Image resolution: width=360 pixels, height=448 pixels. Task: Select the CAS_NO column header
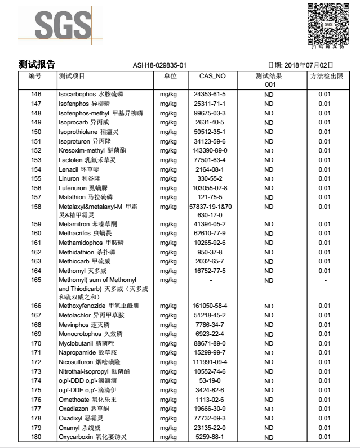tap(212, 75)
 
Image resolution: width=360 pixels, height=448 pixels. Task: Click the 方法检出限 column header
tap(323, 75)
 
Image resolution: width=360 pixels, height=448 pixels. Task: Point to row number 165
tap(36, 279)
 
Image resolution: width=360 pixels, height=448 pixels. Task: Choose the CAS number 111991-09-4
tap(210, 361)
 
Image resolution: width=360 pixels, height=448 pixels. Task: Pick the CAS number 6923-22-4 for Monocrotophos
tap(210, 334)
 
